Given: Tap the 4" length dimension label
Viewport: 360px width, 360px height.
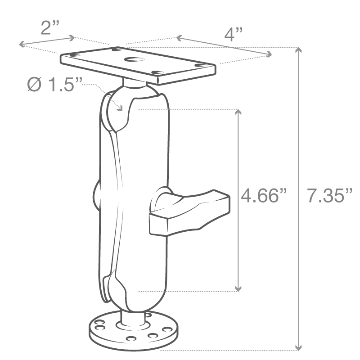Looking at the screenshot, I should click(233, 35).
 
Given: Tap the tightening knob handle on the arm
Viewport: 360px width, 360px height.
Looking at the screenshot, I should click(189, 211).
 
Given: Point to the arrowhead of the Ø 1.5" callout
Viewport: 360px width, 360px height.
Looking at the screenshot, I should click(120, 108).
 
